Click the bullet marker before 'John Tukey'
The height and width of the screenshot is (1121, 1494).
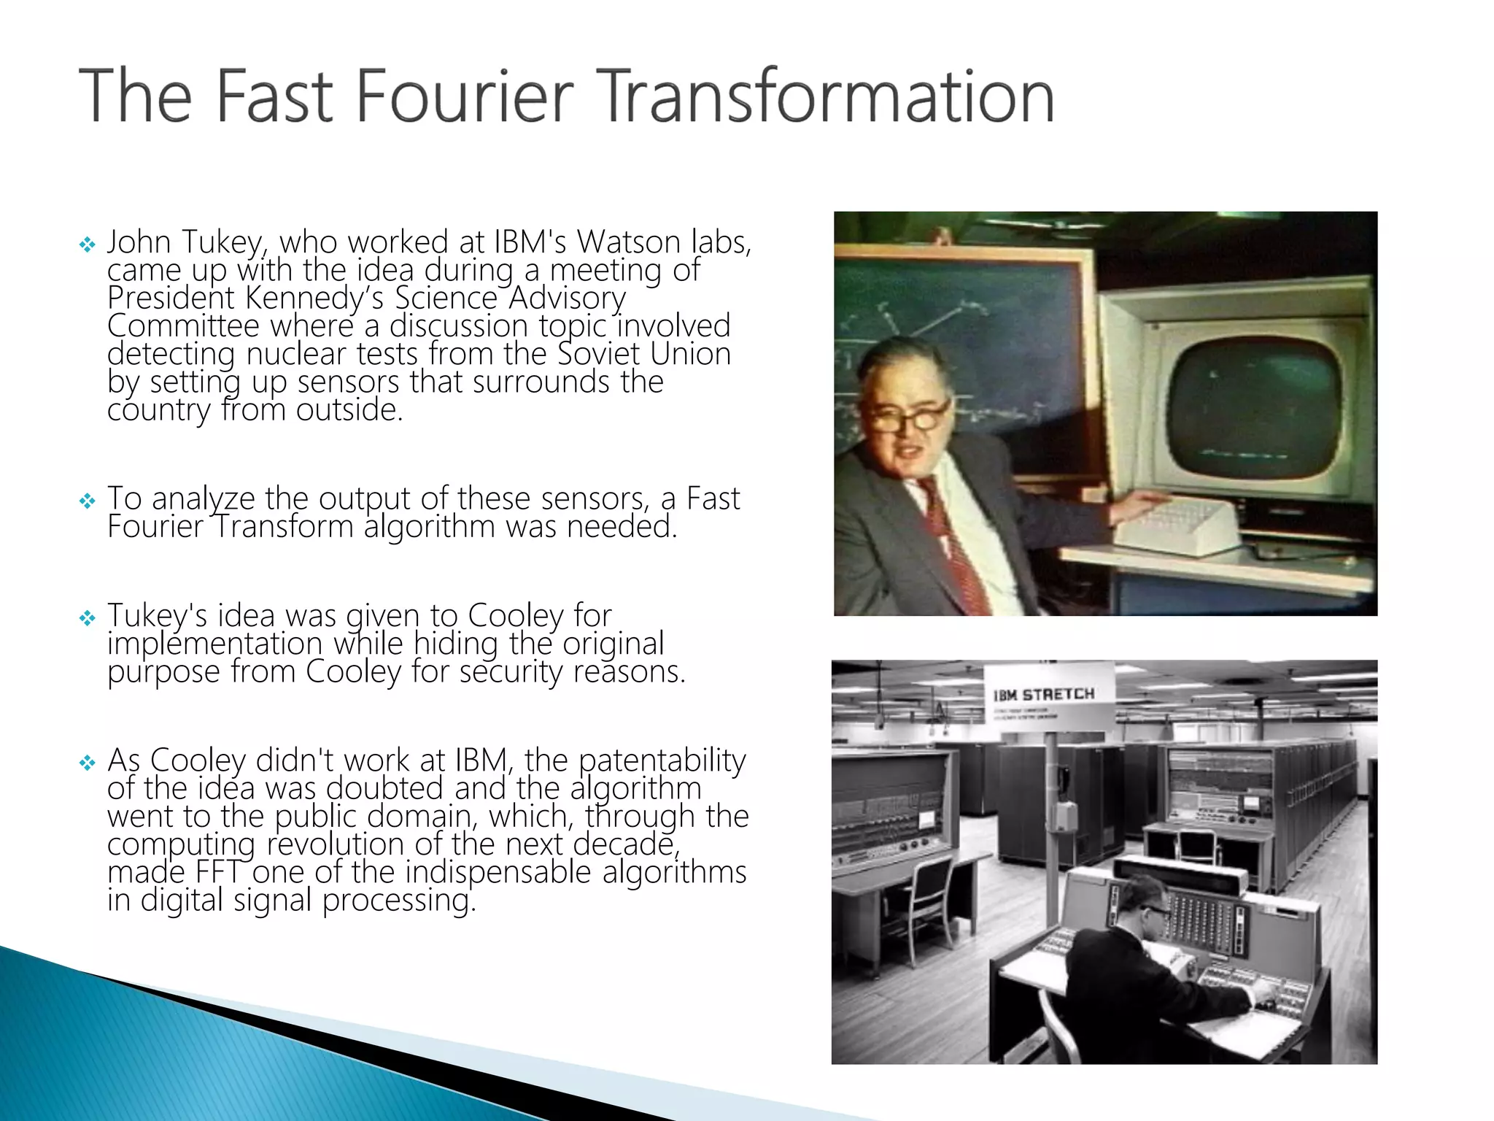coord(88,244)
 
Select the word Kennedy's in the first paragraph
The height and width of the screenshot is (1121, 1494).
coord(314,298)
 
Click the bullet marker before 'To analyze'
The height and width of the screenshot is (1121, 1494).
coord(88,501)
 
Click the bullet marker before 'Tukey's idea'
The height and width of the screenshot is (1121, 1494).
coord(88,619)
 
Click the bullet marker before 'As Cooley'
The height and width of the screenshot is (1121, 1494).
coord(88,763)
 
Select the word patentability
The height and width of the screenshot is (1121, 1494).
coord(662,760)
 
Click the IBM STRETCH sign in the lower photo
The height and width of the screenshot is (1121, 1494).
coord(1044,695)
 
